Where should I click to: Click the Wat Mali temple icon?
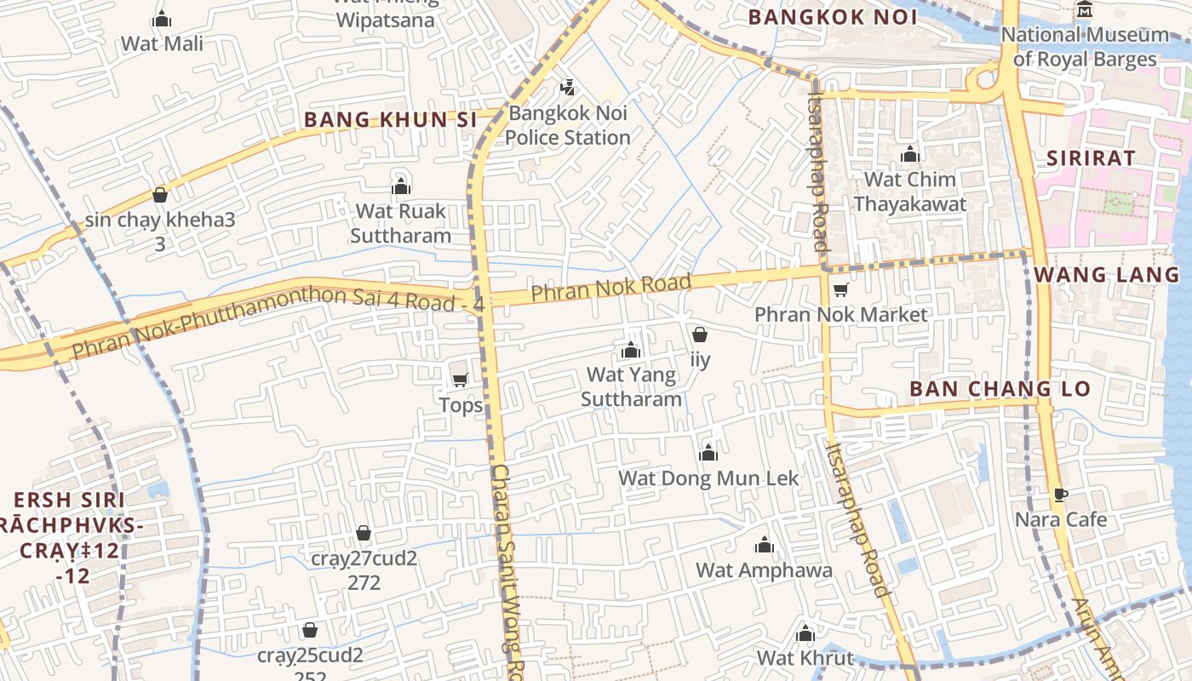162,20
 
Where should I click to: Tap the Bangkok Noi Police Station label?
568,125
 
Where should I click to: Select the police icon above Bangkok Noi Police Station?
568,87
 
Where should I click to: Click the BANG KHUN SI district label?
390,120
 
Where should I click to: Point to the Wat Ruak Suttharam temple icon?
400,187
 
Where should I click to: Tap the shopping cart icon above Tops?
460,380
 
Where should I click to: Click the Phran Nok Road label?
610,287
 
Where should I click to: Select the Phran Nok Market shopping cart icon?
840,289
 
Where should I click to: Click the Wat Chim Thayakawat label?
909,192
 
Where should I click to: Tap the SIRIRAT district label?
1091,157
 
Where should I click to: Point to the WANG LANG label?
1107,274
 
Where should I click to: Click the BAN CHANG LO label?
1000,389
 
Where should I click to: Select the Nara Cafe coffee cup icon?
1060,495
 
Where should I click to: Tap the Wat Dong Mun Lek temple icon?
708,453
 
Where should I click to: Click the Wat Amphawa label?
764,569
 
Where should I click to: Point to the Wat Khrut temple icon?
805,634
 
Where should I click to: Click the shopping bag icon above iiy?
699,335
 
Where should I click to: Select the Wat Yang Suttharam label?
631,386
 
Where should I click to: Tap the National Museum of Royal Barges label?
1084,47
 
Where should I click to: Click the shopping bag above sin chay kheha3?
159,195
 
